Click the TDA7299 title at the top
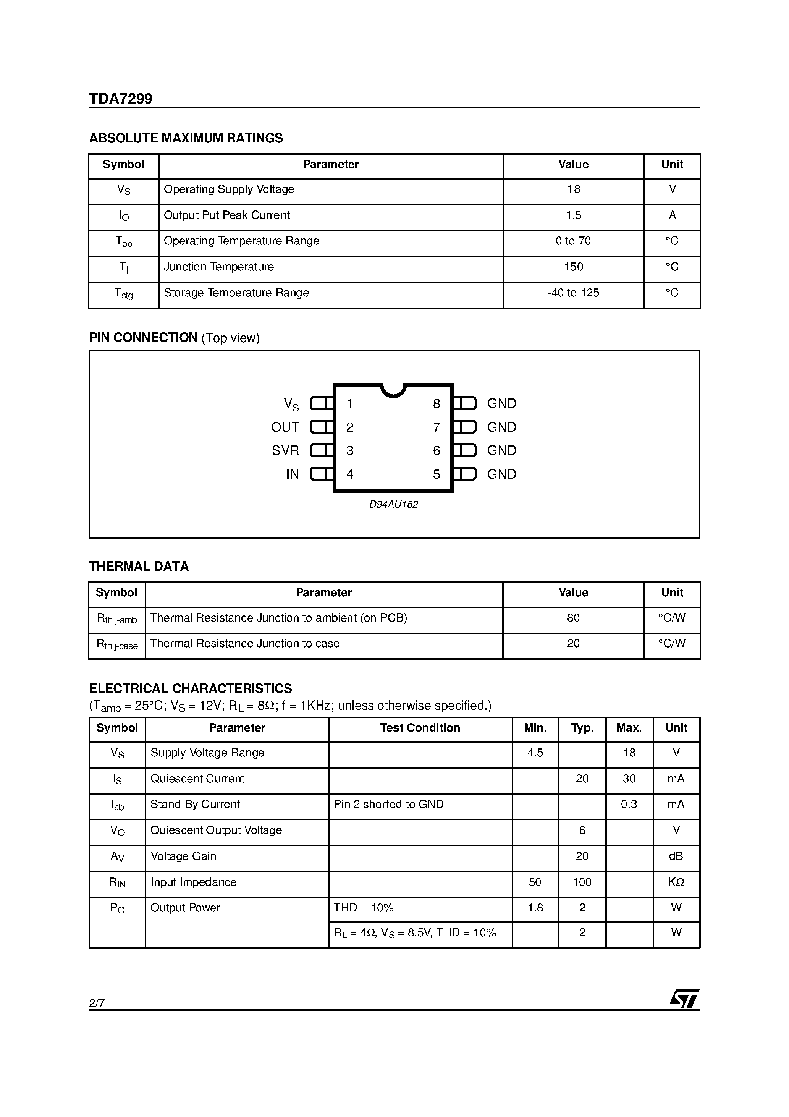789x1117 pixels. point(120,99)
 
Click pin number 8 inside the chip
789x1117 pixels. point(437,404)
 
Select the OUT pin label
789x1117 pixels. point(285,427)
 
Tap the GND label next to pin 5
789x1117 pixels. point(501,474)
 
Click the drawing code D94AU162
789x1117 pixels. point(393,505)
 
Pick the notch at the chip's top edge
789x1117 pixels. point(393,390)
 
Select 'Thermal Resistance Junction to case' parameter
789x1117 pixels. point(245,644)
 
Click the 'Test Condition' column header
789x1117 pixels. point(420,728)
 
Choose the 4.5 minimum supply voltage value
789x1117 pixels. point(535,753)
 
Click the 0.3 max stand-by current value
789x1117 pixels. point(629,804)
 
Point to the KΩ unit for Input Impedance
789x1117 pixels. point(676,882)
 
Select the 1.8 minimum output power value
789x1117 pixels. point(535,908)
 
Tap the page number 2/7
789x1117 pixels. point(97,1003)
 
